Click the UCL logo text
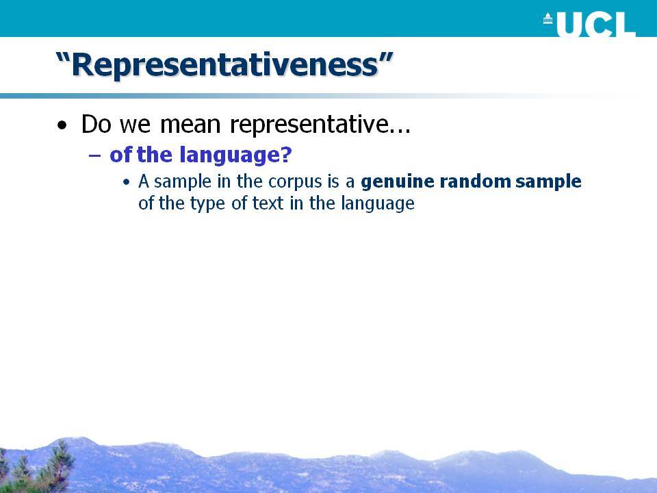(x=597, y=25)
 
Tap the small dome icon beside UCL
(x=547, y=18)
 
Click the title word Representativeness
(x=225, y=65)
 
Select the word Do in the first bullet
(x=96, y=124)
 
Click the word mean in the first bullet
(x=190, y=125)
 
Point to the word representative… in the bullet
(x=320, y=125)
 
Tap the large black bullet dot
(x=62, y=125)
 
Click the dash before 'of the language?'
(x=95, y=155)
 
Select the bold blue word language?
(x=236, y=155)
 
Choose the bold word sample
(x=548, y=182)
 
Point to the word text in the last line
(x=268, y=203)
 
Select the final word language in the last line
(x=378, y=204)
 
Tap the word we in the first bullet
(x=135, y=126)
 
